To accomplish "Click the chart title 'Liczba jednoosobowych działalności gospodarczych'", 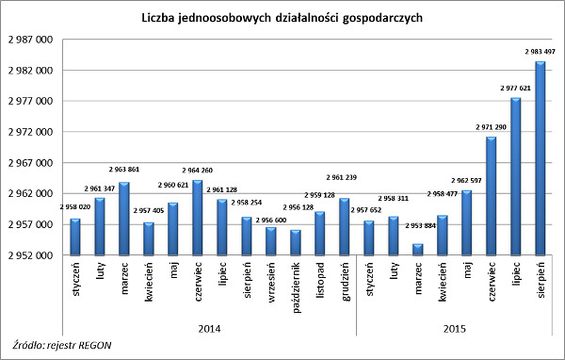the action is [282, 18].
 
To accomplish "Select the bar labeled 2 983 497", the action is [541, 158].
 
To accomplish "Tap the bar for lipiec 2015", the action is [516, 176].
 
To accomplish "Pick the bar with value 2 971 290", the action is [492, 196].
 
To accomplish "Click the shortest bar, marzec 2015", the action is [417, 250].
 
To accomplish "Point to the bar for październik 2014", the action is [296, 242].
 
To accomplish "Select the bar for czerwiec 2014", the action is [198, 218].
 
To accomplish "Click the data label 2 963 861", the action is [124, 170].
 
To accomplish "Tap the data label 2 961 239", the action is [341, 177].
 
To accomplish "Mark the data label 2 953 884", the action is [421, 226].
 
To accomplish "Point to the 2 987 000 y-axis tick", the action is [31, 40].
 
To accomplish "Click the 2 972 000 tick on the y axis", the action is [31, 132].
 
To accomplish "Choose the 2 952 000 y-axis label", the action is [31, 255].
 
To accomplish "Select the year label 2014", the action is [209, 329].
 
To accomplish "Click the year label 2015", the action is [455, 329].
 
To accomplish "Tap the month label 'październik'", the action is [297, 287].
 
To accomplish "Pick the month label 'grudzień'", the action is [346, 282].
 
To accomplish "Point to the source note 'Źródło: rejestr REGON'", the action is [62, 345].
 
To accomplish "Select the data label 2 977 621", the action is [516, 88].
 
